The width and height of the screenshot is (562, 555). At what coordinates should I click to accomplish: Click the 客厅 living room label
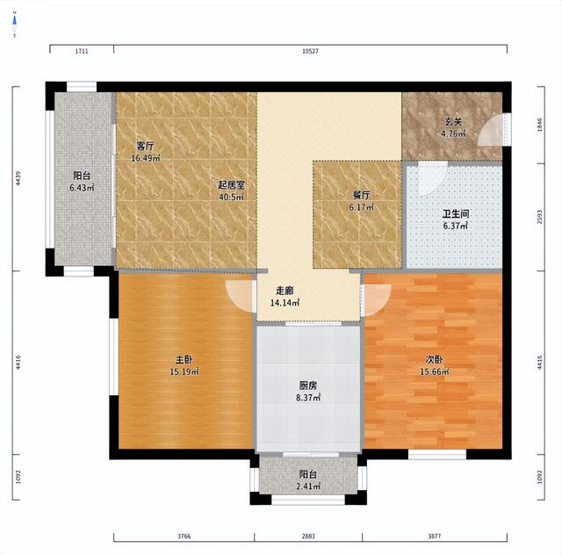click(x=145, y=146)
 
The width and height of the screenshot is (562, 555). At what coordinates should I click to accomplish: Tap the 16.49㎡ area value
click(x=145, y=158)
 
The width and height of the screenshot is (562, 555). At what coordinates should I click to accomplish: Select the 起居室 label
click(x=232, y=185)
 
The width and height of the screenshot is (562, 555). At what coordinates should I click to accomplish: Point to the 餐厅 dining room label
click(x=361, y=196)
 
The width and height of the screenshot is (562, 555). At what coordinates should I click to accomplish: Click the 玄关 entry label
click(x=453, y=122)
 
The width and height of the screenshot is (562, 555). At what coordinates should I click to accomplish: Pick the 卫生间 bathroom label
click(x=456, y=214)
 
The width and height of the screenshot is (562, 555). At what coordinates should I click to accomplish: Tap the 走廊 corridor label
click(x=285, y=291)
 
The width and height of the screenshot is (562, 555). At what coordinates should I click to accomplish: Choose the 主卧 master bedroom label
click(x=184, y=359)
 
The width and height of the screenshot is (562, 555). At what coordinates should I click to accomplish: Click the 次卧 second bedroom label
click(x=435, y=359)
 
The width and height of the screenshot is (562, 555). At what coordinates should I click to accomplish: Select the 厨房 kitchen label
click(x=308, y=386)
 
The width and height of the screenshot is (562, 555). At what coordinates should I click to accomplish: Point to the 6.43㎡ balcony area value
click(x=82, y=188)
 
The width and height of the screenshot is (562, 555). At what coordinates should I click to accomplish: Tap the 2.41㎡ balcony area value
click(x=308, y=487)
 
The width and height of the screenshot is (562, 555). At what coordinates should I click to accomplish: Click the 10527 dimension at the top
click(x=310, y=51)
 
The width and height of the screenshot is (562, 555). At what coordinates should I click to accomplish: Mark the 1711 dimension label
click(x=82, y=51)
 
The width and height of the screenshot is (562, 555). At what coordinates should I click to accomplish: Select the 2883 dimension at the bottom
click(x=308, y=537)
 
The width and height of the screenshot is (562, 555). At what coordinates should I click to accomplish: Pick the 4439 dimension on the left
click(x=18, y=178)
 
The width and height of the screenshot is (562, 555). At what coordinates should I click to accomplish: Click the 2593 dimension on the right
click(x=540, y=217)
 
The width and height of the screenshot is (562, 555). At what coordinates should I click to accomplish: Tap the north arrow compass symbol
click(x=15, y=24)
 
